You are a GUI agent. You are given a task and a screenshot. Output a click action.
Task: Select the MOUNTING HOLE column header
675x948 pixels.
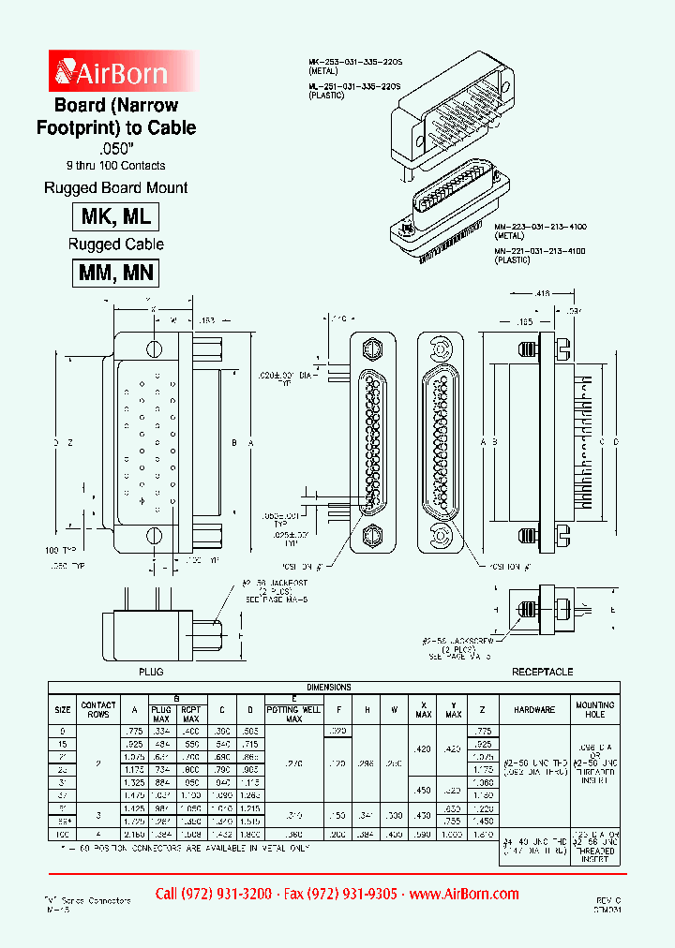click(595, 709)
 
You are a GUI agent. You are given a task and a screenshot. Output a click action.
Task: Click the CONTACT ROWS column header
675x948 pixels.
click(98, 709)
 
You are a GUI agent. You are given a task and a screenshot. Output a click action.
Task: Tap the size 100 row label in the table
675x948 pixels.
click(64, 833)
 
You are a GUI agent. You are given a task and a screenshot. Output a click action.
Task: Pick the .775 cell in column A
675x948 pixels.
click(135, 730)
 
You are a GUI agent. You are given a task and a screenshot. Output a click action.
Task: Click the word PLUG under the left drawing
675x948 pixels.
click(151, 673)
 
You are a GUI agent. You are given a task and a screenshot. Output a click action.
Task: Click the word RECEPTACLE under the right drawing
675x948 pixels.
click(542, 673)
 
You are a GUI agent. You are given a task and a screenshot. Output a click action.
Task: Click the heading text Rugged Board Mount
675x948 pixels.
click(116, 187)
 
